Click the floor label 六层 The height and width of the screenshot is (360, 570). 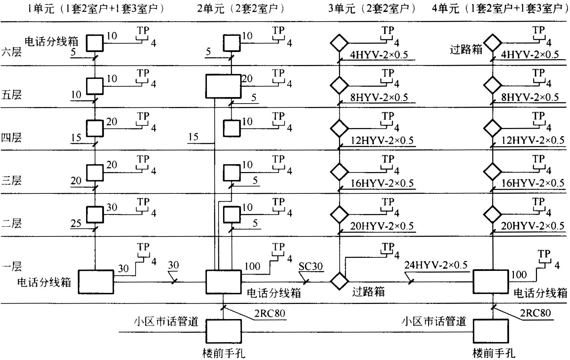[11, 52]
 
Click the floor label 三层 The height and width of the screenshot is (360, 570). [11, 180]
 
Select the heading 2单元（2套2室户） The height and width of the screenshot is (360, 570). [241, 9]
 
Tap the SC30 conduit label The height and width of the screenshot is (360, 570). [310, 266]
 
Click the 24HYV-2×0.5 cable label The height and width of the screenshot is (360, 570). [436, 265]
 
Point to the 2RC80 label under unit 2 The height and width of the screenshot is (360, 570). [270, 314]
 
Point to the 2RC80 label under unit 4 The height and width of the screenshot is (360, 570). [536, 313]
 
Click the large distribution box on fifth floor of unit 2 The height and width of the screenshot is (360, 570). [223, 86]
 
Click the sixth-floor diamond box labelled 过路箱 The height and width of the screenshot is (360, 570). [493, 42]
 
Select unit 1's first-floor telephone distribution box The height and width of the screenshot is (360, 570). [96, 282]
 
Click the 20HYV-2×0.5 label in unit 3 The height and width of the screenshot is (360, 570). [382, 226]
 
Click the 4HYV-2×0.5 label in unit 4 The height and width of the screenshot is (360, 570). [529, 55]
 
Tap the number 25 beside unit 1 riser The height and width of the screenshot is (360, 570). [76, 223]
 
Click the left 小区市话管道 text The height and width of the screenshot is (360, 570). [166, 321]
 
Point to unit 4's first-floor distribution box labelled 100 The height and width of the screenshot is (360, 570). [490, 282]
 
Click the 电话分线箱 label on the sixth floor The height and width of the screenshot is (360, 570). [52, 42]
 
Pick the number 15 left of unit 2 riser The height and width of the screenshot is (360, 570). [193, 137]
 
